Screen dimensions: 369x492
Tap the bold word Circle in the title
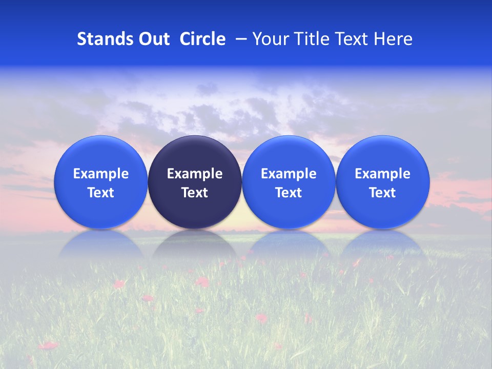(x=202, y=39)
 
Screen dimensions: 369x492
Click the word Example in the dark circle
(x=195, y=174)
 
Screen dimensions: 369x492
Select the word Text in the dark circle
(x=195, y=193)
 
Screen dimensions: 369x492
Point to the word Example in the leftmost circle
(x=101, y=174)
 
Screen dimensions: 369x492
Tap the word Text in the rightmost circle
(x=382, y=193)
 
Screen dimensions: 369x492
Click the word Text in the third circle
(x=289, y=193)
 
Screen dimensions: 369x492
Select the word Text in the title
(x=354, y=39)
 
